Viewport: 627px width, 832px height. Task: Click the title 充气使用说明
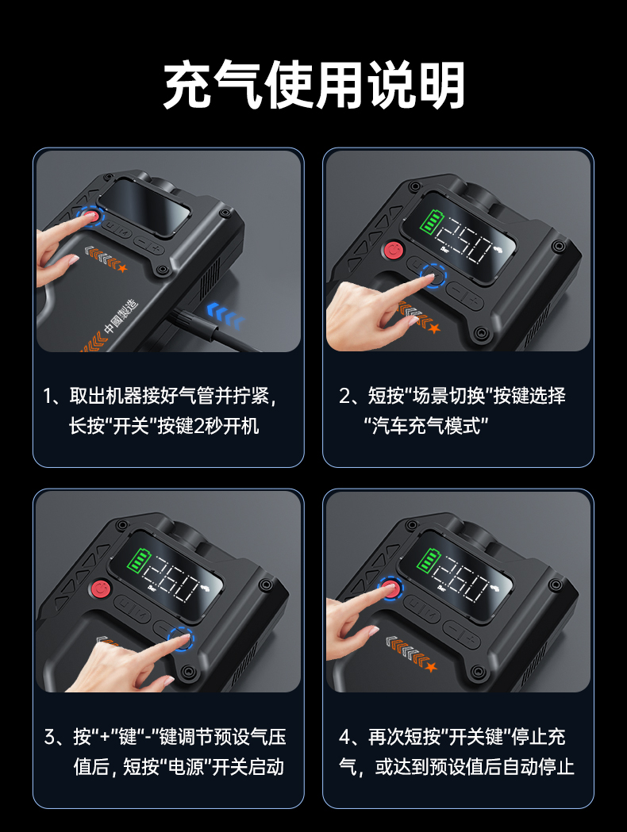(x=313, y=85)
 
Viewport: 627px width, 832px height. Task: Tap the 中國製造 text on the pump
(x=121, y=316)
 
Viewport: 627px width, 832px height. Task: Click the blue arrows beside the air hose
(x=225, y=314)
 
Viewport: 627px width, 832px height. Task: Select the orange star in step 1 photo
(x=123, y=268)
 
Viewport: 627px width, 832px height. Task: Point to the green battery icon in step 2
(x=430, y=222)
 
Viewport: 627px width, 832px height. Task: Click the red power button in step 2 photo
(x=394, y=249)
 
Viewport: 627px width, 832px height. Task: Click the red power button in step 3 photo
(x=101, y=589)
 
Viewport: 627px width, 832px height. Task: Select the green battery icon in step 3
(x=140, y=562)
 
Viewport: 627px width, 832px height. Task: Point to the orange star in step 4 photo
(x=430, y=666)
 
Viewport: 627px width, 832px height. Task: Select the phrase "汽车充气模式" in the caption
(x=425, y=426)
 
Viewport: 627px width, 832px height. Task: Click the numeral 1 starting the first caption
(x=48, y=396)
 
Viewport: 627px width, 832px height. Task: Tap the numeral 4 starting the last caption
(x=344, y=737)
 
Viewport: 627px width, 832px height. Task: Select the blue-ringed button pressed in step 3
(x=180, y=638)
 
